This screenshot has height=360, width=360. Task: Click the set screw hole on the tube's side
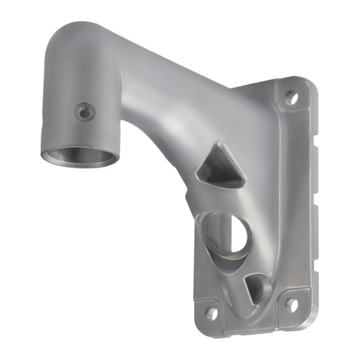click(85, 111)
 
